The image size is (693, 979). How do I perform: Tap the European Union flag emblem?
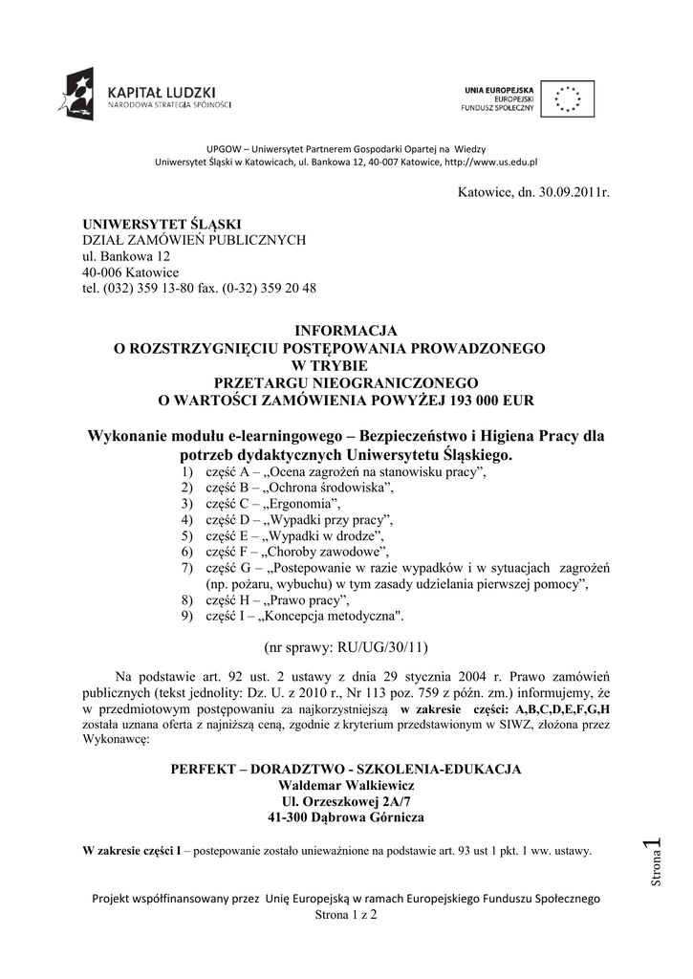pos(569,98)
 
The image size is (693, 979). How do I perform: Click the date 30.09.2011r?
pos(564,193)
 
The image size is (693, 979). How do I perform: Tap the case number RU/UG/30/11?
pos(379,647)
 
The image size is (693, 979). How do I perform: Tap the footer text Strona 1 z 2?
pos(346,915)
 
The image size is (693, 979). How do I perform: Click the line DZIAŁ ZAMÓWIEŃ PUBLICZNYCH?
pos(194,240)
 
